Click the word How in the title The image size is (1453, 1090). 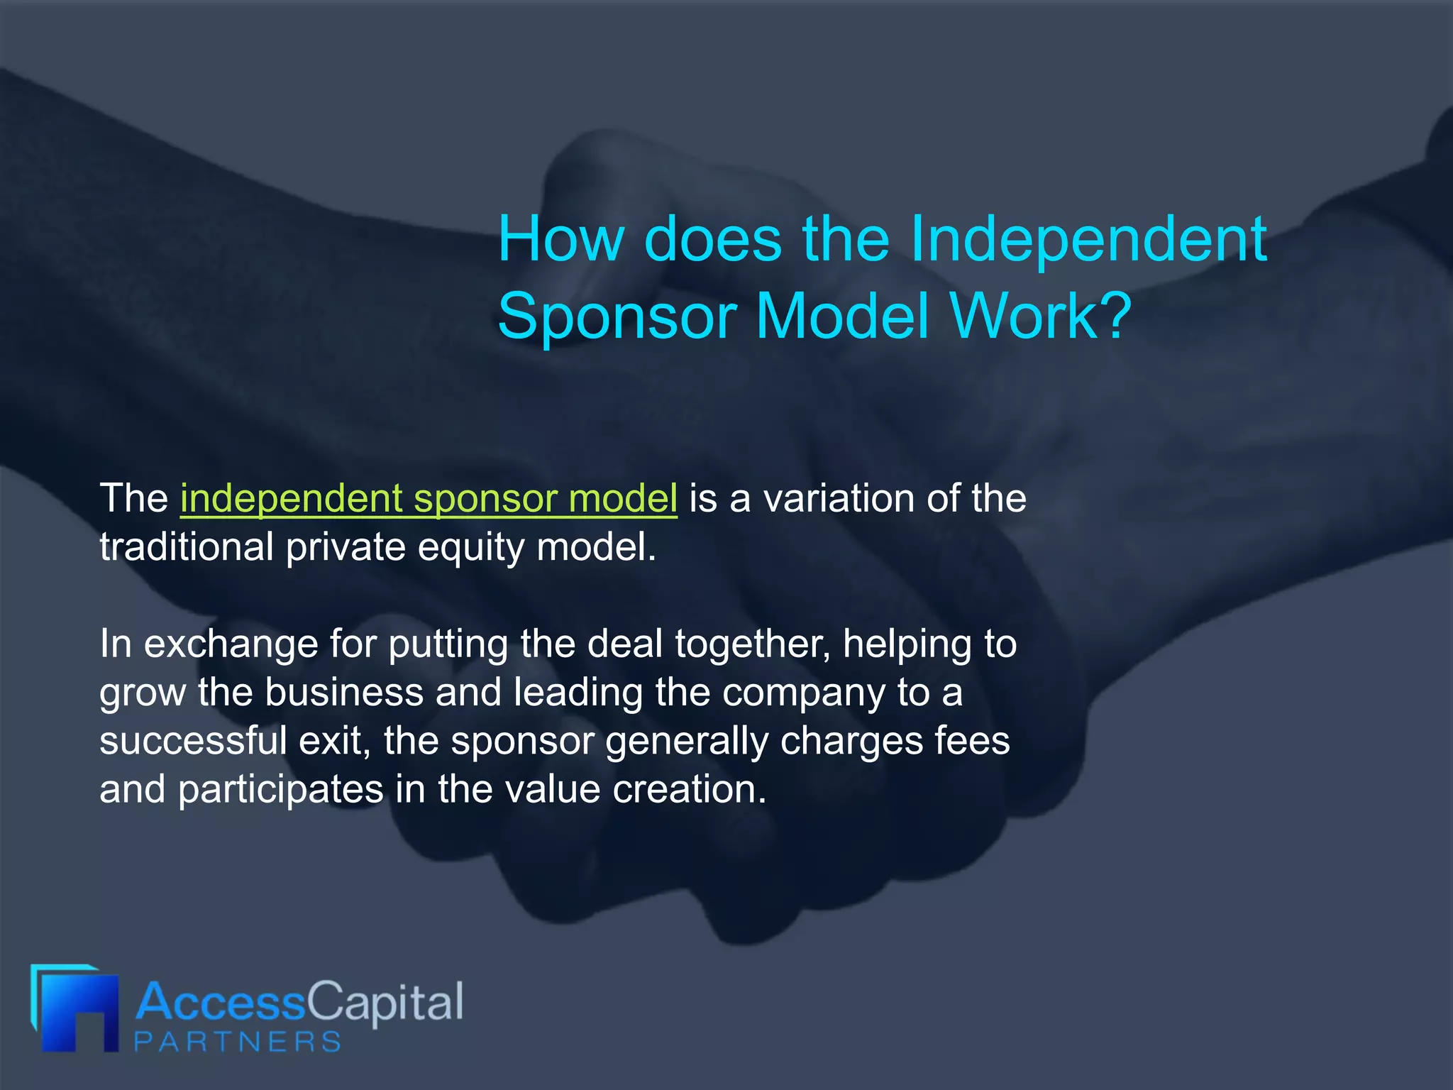pyautogui.click(x=560, y=240)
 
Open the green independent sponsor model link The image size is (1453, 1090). pyautogui.click(x=429, y=499)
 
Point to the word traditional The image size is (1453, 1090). pyautogui.click(x=187, y=547)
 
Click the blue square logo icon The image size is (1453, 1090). pyautogui.click(x=75, y=1008)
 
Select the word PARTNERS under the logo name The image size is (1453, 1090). pyautogui.click(x=238, y=1042)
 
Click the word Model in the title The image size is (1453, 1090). pyautogui.click(x=842, y=317)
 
